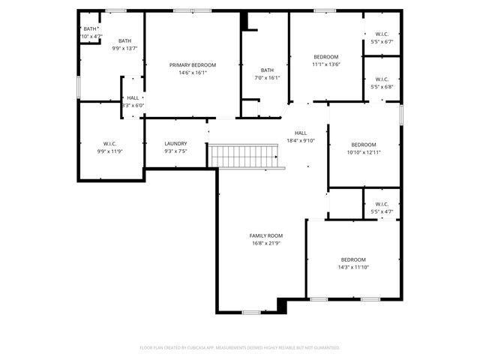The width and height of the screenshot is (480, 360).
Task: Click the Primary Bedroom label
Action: coord(193,65)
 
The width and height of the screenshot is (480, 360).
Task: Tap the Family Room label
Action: coord(266,235)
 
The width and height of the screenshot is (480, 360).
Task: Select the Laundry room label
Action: coord(175,143)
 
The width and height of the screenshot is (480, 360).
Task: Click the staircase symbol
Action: coord(247,157)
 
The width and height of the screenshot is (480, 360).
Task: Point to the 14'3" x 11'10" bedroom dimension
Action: coord(353,267)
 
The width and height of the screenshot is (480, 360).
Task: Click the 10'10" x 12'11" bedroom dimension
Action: coord(364,152)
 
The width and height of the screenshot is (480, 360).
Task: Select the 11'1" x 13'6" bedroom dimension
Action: coord(326,64)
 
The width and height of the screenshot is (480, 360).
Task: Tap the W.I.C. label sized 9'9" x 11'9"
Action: coord(110,143)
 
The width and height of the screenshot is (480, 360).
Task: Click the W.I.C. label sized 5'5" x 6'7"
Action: coord(381,34)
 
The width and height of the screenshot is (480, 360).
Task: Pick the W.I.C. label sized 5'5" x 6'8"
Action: coord(381,79)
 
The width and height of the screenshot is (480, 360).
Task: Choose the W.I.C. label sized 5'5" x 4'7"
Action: coord(381,204)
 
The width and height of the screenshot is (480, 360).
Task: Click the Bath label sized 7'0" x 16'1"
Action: coord(268,70)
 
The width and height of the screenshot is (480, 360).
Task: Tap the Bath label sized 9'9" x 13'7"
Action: coord(124,41)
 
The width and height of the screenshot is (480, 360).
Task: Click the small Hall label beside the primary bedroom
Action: coord(133,97)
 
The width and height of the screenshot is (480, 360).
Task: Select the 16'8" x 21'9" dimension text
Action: coord(266,243)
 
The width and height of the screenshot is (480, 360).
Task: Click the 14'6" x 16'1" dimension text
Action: coord(193,73)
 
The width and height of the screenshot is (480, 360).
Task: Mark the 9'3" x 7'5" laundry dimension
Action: coord(175,151)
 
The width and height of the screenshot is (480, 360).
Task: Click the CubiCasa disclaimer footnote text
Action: coord(240,347)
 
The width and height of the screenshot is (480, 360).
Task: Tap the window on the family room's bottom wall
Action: coord(251,312)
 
